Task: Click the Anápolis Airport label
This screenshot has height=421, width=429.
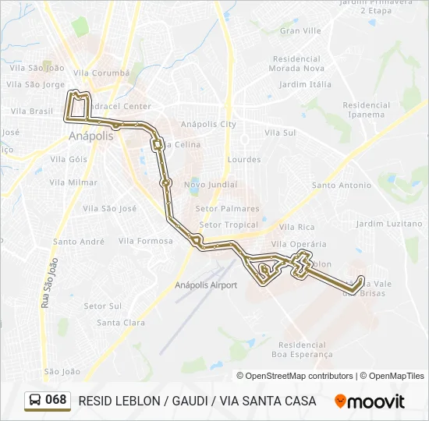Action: click(206, 285)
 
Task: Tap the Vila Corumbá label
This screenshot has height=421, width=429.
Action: click(101, 73)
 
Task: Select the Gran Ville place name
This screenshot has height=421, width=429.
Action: click(300, 31)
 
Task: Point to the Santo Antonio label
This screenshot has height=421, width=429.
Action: click(342, 186)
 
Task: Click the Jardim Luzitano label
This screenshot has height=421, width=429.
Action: click(388, 224)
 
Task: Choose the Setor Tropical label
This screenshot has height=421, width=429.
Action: click(229, 225)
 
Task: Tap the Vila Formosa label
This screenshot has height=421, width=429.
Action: click(146, 241)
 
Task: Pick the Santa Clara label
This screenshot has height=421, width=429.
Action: click(121, 323)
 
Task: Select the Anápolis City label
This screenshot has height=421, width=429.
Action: click(208, 124)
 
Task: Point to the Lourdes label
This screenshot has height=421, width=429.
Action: click(244, 160)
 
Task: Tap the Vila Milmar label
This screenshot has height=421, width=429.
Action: click(73, 182)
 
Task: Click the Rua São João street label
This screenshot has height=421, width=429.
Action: click(48, 282)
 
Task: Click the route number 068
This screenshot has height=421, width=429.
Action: click(55, 400)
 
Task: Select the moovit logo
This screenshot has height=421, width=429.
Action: click(370, 402)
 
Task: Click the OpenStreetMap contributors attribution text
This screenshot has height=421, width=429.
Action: click(299, 376)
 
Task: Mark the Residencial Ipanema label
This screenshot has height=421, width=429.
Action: click(366, 110)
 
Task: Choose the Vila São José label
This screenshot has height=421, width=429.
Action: click(110, 208)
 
